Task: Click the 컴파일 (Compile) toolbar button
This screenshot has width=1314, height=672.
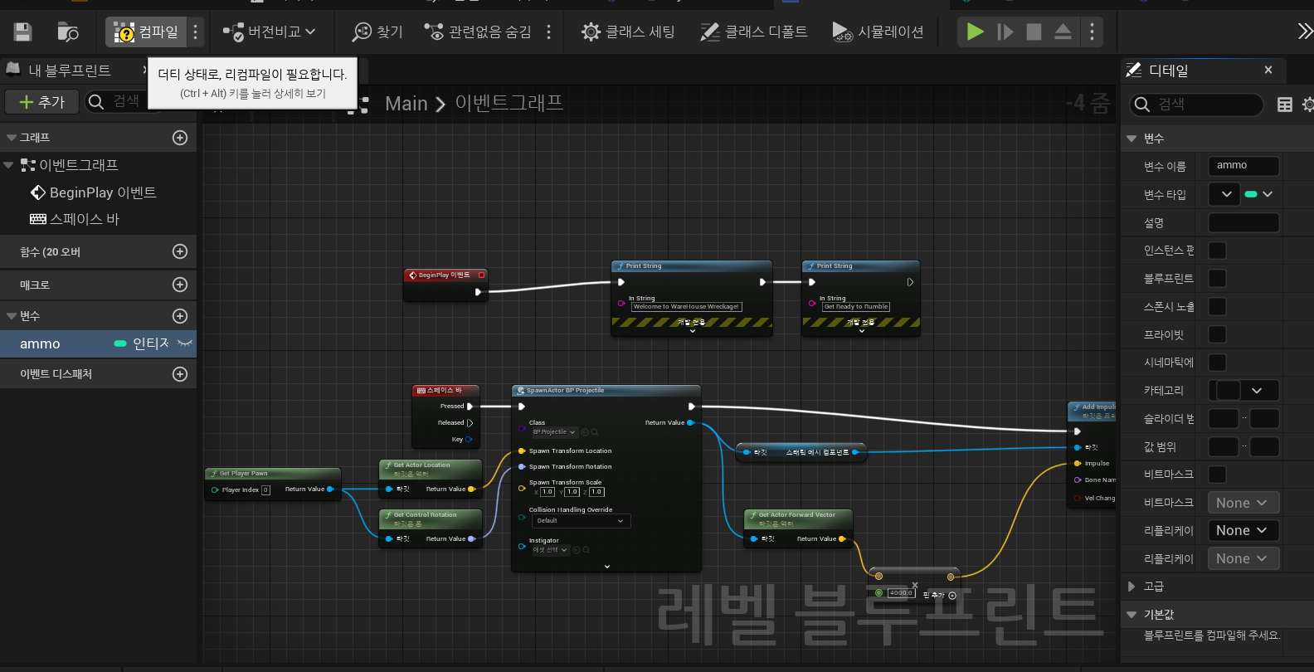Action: (x=146, y=32)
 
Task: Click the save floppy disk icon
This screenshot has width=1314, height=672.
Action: (x=22, y=32)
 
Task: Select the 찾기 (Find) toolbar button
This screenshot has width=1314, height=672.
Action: (x=377, y=32)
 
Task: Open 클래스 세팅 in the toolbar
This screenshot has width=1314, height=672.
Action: (x=628, y=32)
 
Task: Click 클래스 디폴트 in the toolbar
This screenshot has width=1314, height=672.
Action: (x=754, y=32)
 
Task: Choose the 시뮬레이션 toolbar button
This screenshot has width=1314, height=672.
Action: (x=878, y=32)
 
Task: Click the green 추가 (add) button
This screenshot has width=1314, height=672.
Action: (x=41, y=101)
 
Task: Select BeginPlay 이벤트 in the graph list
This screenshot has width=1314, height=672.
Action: (x=102, y=192)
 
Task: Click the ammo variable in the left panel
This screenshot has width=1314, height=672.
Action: (x=40, y=343)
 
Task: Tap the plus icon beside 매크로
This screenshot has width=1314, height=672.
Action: (x=180, y=285)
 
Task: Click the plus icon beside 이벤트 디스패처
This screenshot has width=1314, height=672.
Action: (x=180, y=374)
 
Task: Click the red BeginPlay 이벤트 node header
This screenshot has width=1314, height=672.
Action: (x=444, y=275)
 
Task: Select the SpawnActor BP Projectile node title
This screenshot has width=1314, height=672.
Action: (x=565, y=390)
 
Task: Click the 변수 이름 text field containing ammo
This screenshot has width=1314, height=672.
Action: (x=1242, y=166)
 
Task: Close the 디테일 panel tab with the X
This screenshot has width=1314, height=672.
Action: (x=1268, y=71)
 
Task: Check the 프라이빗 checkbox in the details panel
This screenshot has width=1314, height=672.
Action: (x=1217, y=334)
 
